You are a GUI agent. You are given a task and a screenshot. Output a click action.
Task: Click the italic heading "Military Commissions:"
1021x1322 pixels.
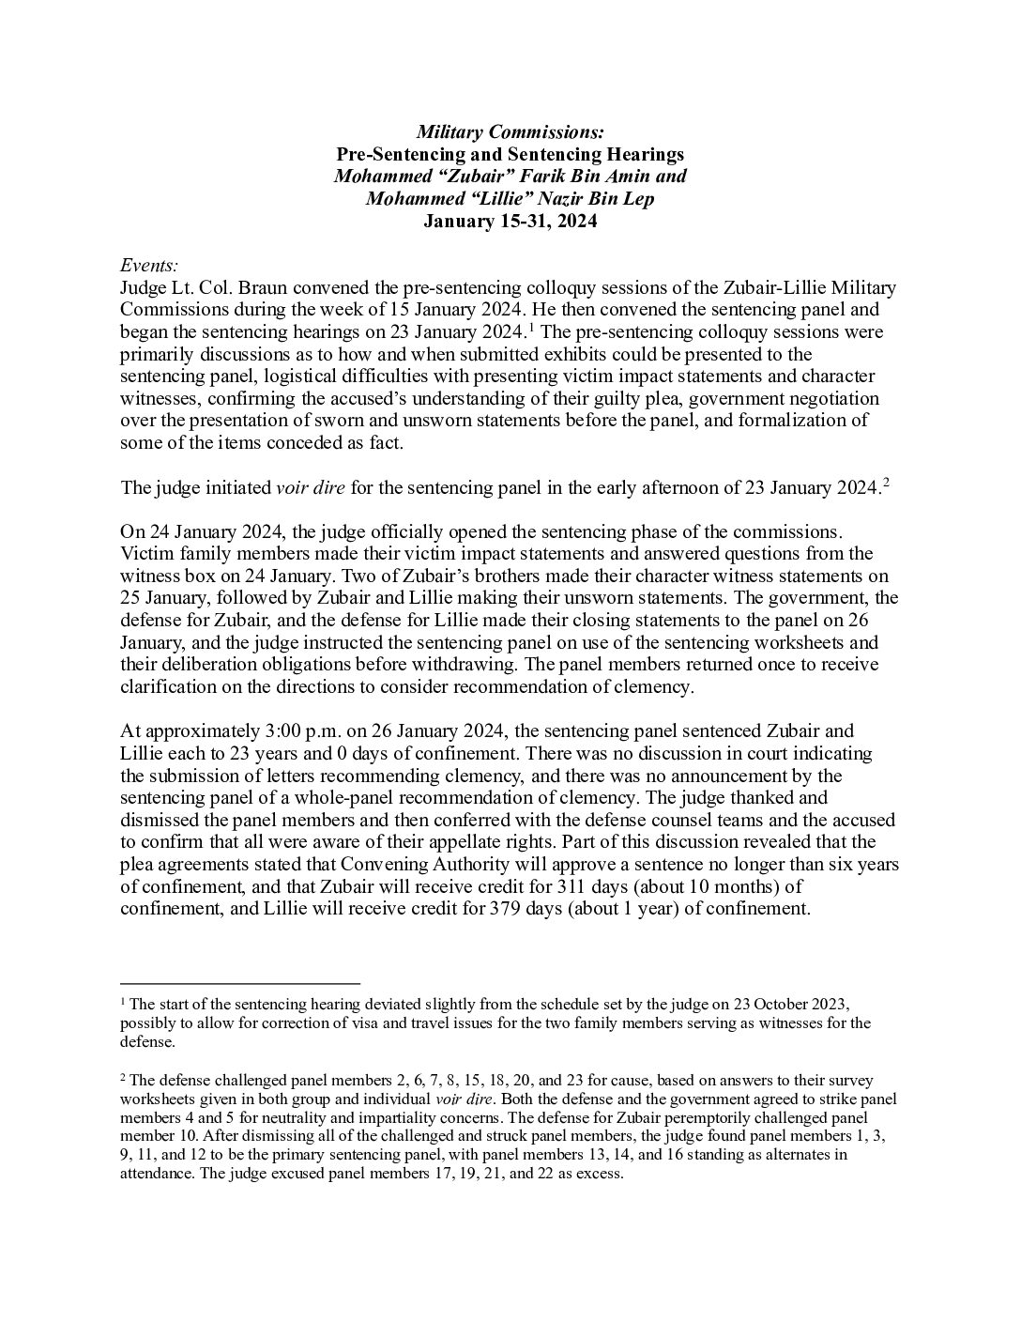(x=510, y=131)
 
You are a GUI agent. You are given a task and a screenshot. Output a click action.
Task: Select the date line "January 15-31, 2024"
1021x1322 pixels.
(x=510, y=222)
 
